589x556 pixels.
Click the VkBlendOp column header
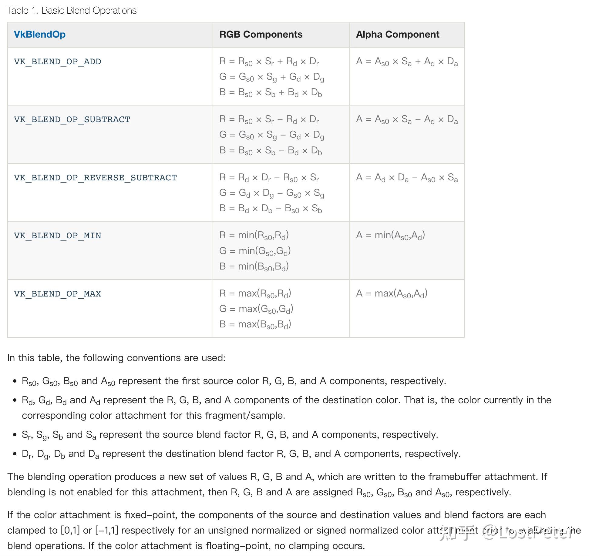[40, 34]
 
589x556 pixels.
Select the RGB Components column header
[261, 34]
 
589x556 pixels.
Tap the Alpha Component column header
[397, 34]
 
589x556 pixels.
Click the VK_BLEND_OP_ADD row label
[57, 62]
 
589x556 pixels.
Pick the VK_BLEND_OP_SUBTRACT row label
[72, 119]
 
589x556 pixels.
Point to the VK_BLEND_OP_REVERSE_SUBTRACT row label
[95, 178]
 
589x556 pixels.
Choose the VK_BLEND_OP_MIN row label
[57, 236]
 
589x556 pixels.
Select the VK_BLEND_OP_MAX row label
[57, 294]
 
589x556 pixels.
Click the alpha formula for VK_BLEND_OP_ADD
[407, 62]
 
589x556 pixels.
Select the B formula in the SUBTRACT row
[270, 151]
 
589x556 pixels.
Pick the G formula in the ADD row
[271, 77]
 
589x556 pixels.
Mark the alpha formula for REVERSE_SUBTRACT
[407, 178]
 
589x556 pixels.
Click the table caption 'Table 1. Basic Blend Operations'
[72, 11]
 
